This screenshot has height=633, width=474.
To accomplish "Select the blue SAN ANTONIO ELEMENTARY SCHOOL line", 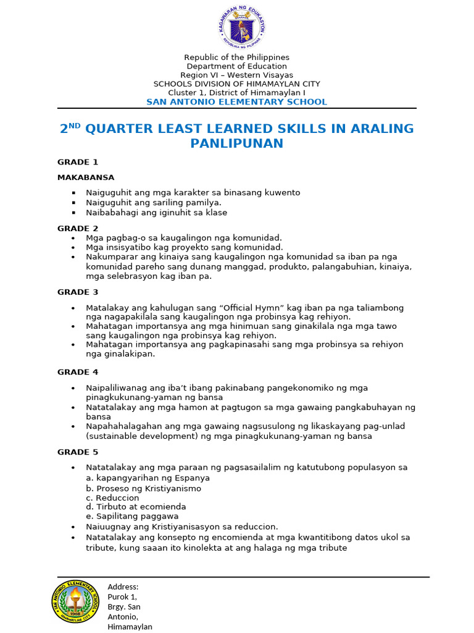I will pyautogui.click(x=237, y=101).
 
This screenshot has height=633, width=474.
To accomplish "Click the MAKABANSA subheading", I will pyautogui.click(x=86, y=177).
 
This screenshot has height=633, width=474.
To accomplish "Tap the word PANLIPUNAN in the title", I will pyautogui.click(x=237, y=143).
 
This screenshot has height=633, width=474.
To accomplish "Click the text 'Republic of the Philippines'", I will pyautogui.click(x=237, y=57).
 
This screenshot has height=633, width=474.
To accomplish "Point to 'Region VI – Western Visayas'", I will pyautogui.click(x=237, y=75).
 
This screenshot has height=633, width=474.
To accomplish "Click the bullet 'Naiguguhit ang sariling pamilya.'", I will pyautogui.click(x=154, y=202).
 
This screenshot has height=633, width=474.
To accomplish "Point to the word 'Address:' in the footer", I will pyautogui.click(x=123, y=587).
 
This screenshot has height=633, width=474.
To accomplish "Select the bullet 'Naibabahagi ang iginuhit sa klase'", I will pyautogui.click(x=157, y=212).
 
